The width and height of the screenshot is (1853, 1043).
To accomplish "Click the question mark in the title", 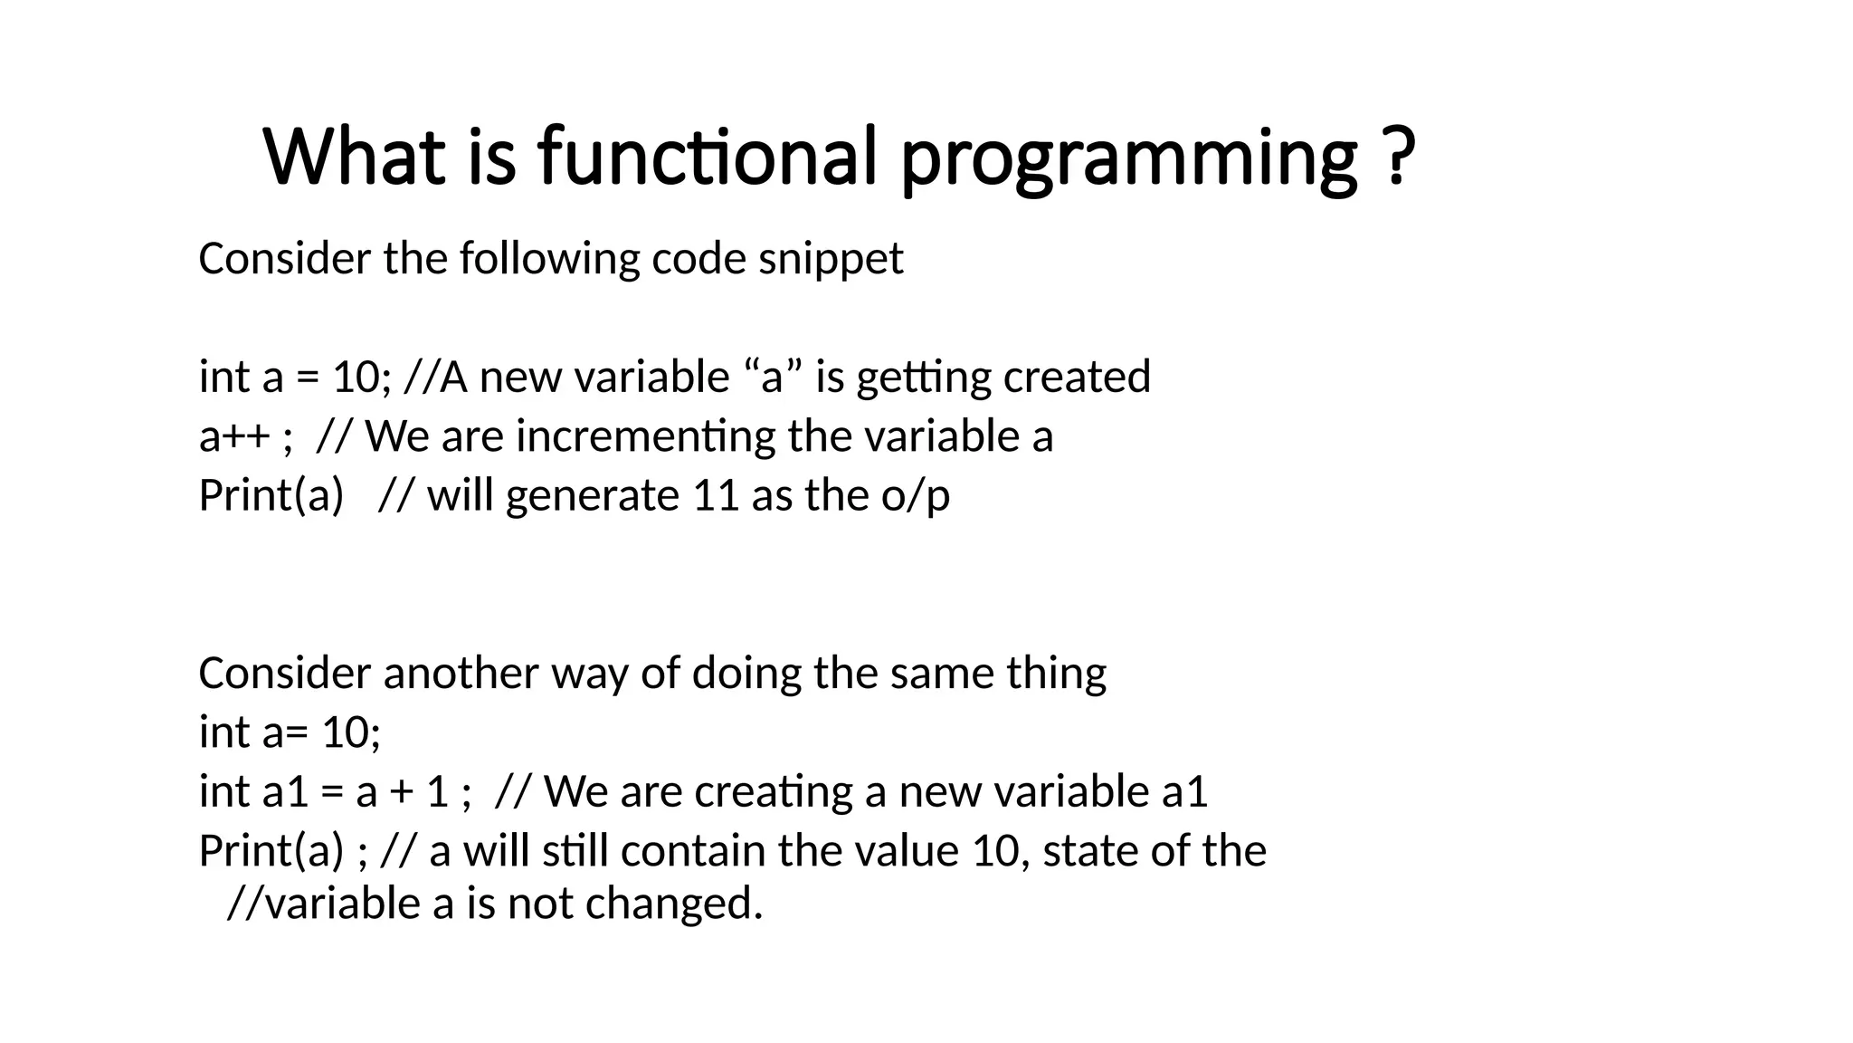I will [1398, 156].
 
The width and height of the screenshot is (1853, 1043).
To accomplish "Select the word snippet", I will [831, 260].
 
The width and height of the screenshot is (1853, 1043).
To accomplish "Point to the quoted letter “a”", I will [772, 377].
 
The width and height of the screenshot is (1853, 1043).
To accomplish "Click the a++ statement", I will [234, 437].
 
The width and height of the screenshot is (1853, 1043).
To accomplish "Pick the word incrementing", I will [645, 437].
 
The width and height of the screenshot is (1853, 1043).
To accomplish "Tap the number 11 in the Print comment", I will [716, 496].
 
